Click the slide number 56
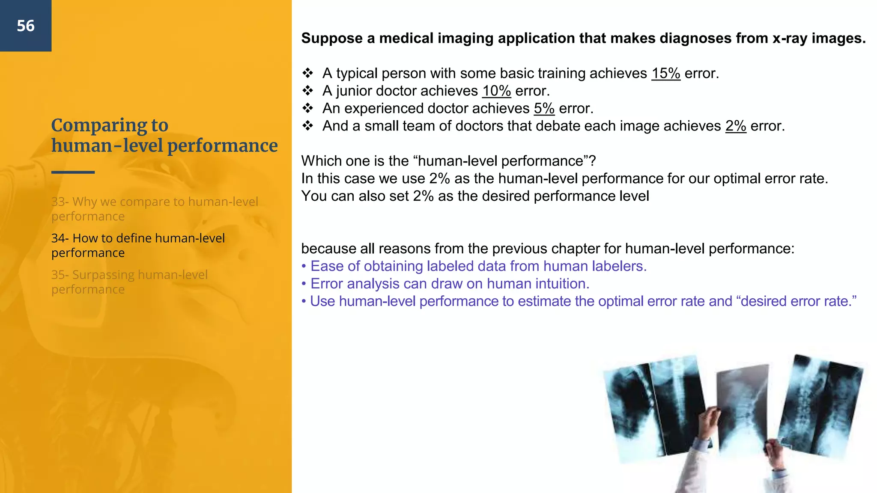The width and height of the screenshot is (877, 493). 26,26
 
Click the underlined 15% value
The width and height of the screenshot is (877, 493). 665,74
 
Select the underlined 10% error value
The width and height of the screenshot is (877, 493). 496,91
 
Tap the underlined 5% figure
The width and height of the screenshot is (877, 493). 544,109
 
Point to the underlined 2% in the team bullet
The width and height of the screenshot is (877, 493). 735,126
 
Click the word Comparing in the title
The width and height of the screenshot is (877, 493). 99,126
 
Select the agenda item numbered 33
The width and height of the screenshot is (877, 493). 154,209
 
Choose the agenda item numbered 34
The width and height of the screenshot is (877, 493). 137,245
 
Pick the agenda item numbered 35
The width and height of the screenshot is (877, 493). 129,282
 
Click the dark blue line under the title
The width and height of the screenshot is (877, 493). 73,172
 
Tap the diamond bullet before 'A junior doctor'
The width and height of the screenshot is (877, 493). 307,91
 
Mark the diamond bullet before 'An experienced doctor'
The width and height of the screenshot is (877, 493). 307,108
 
